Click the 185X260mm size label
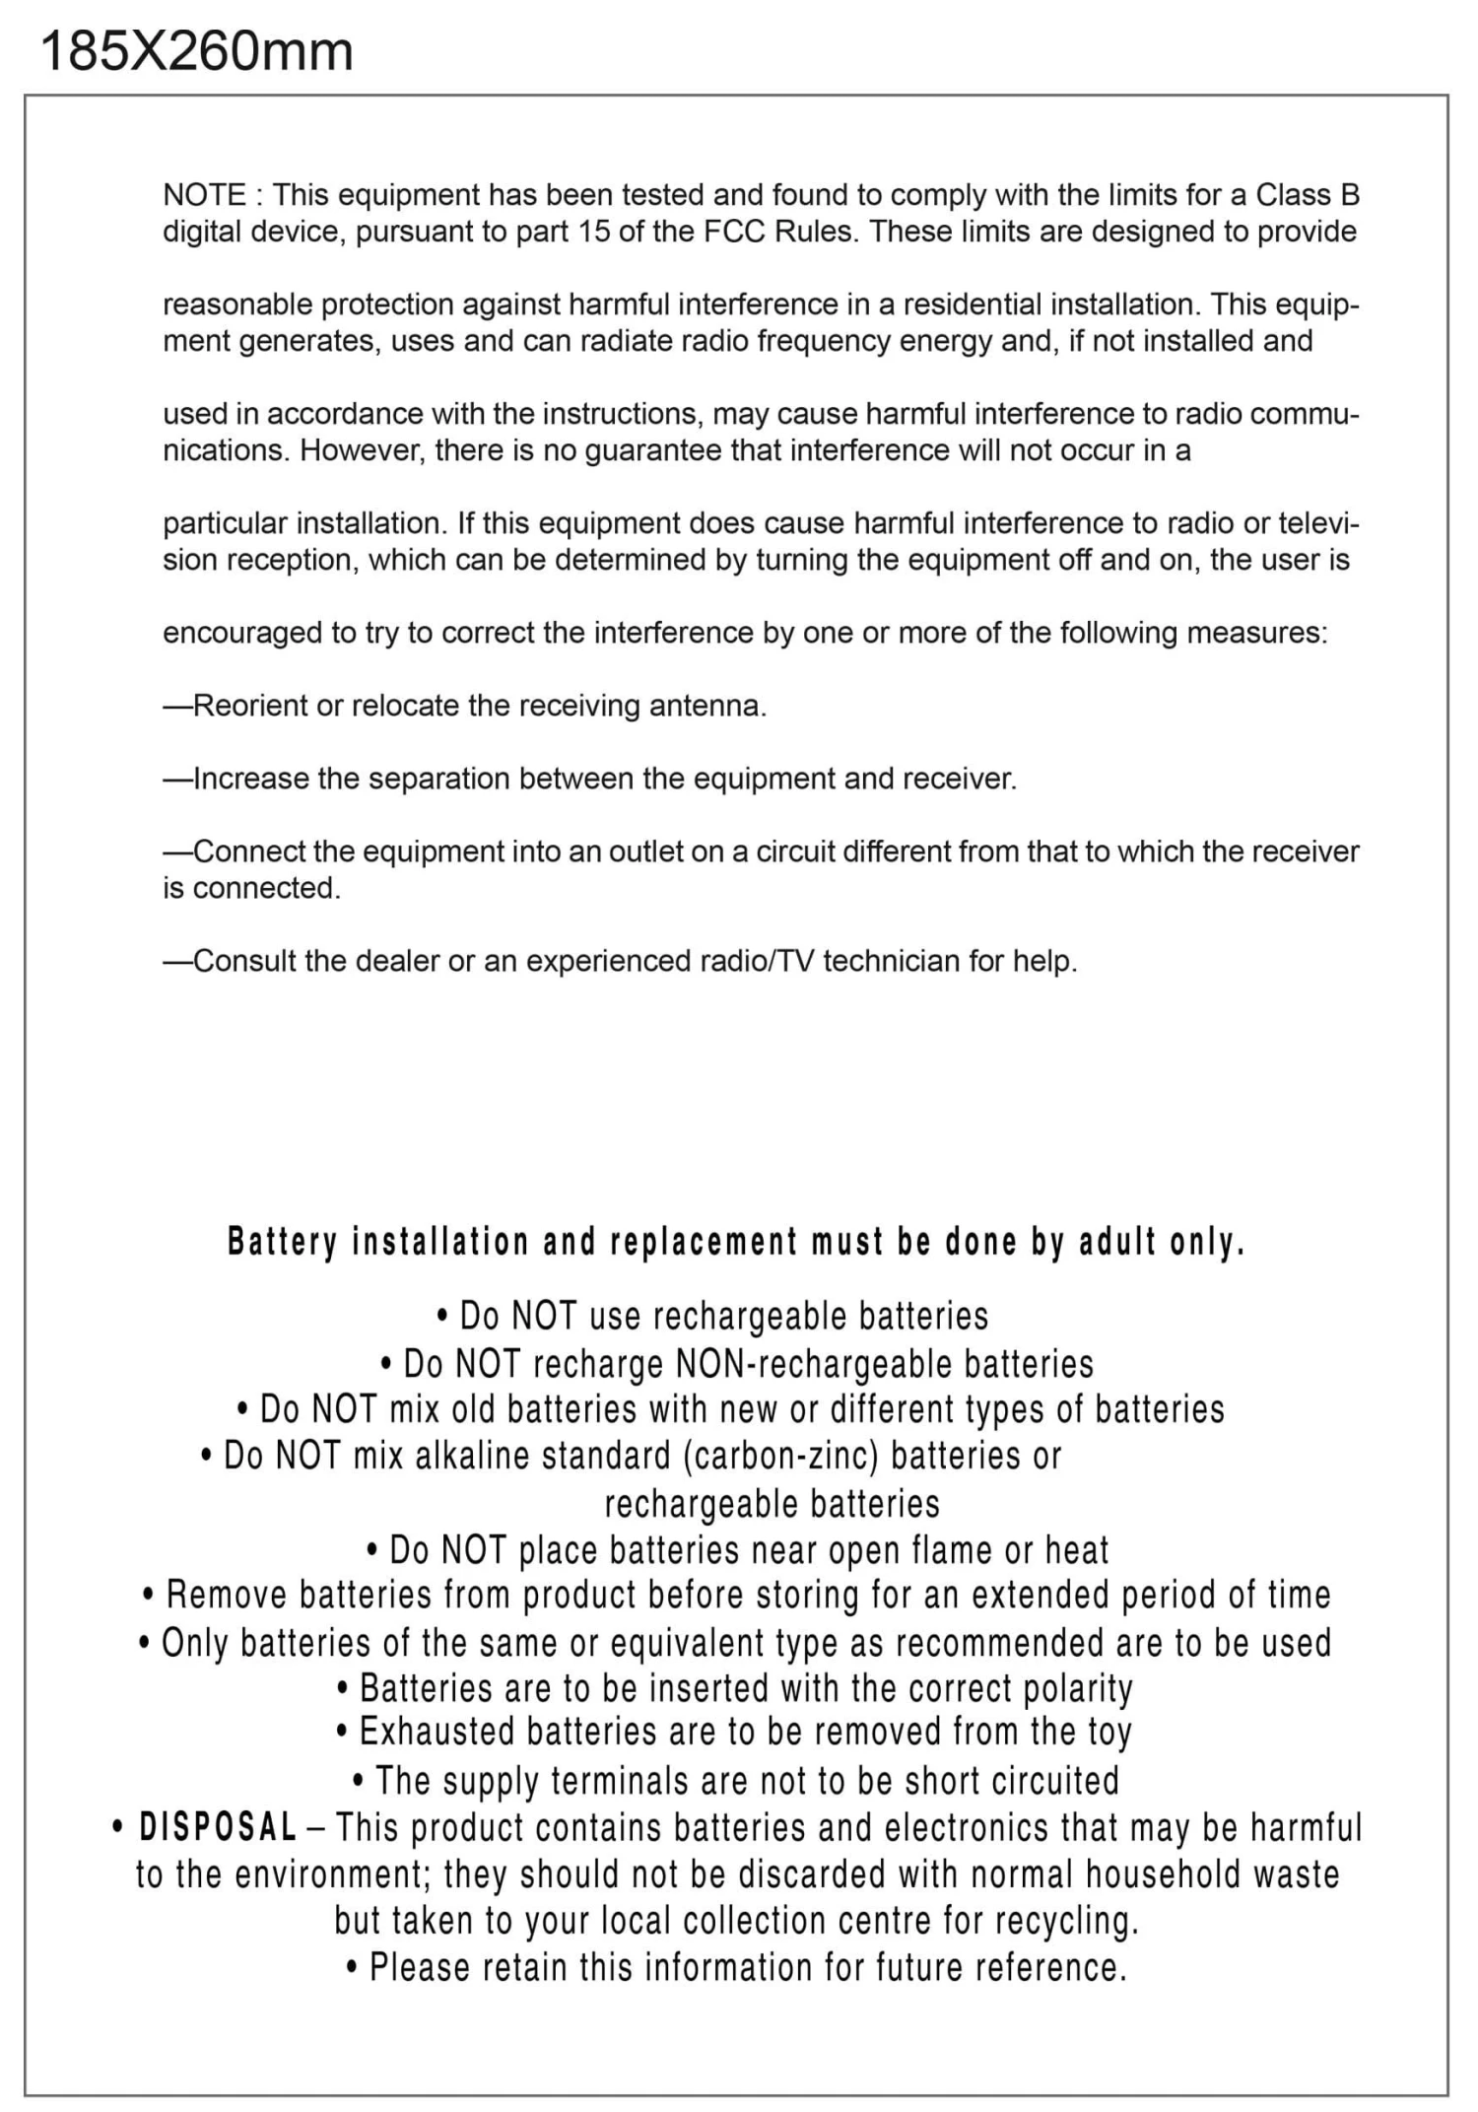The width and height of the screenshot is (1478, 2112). [196, 51]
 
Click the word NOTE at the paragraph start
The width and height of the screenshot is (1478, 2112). [204, 195]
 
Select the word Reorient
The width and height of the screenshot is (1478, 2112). [250, 706]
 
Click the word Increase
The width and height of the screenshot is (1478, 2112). [251, 779]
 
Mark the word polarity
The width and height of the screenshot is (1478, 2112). [1078, 1688]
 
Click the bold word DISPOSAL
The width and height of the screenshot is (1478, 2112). [218, 1827]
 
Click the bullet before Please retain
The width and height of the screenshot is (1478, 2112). [353, 1968]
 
